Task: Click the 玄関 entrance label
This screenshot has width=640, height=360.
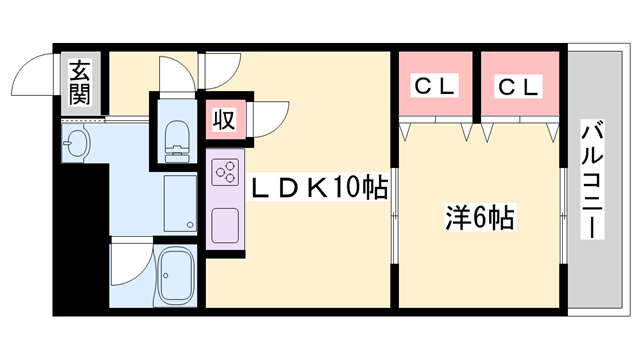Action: click(x=78, y=84)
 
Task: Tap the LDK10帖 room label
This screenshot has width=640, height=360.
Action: click(x=318, y=186)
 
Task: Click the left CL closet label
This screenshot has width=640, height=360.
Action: click(x=436, y=87)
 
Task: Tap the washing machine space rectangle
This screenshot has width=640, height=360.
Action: click(x=181, y=204)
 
